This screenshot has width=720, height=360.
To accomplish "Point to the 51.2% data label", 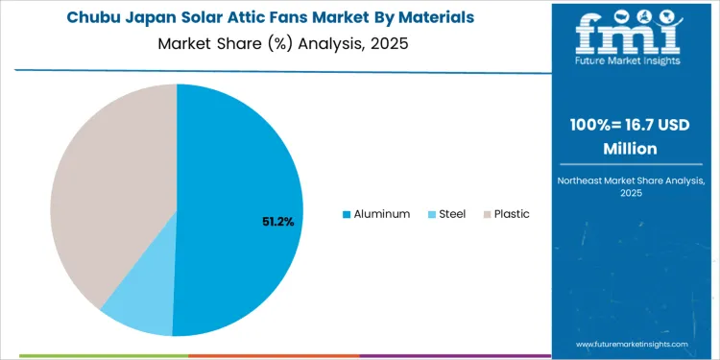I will coord(277,222).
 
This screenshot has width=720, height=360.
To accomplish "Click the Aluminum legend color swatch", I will coord(347,214).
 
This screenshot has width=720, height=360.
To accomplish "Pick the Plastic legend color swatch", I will coord(487,214).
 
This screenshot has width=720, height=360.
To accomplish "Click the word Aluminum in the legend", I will coord(382,214).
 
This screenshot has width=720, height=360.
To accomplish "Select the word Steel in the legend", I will coord(452,214).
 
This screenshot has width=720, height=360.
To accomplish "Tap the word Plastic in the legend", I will coord(512,214).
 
